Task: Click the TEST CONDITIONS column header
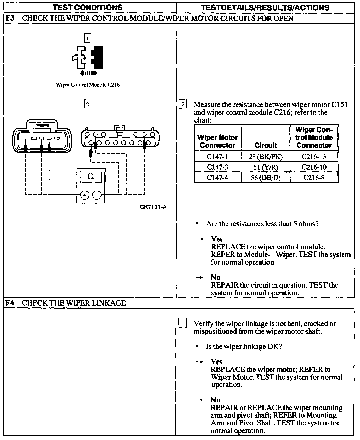pos(87,7)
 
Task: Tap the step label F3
pos(10,18)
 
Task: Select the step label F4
pos(10,303)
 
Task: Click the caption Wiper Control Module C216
pos(87,85)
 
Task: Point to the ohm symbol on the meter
pos(91,176)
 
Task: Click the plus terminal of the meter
pos(85,195)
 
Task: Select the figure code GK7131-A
pos(153,207)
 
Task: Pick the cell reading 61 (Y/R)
pos(266,167)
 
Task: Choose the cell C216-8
pos(314,178)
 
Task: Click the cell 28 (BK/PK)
pos(266,156)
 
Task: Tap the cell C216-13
pos(314,156)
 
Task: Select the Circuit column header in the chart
pos(266,145)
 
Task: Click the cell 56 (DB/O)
pos(266,178)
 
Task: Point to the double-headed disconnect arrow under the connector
pos(88,74)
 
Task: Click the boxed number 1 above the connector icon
pos(87,39)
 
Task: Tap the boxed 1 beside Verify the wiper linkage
pos(183,324)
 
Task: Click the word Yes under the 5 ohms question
pos(217,239)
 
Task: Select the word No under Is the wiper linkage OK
pos(216,400)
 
